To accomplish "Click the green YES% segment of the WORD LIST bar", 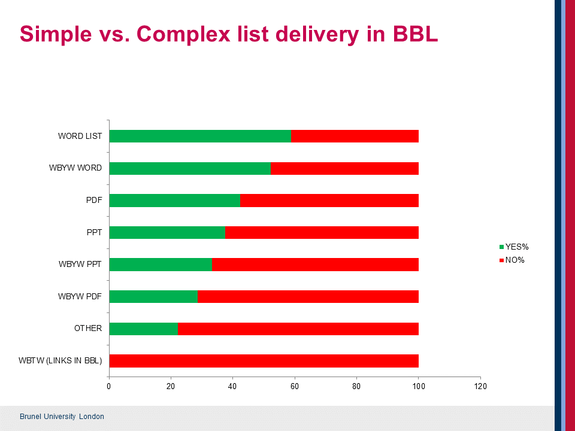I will click(x=200, y=136).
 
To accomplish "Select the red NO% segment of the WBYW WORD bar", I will click(x=344, y=168).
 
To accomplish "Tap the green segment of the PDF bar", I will click(x=175, y=200).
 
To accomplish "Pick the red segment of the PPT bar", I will click(x=322, y=232).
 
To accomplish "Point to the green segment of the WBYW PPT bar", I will click(x=161, y=264).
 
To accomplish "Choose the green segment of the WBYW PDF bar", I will click(x=153, y=296).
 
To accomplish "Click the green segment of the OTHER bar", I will click(x=144, y=329).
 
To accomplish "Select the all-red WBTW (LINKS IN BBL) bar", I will click(x=264, y=360).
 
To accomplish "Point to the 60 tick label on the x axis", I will click(x=295, y=386).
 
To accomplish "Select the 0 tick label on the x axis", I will click(x=109, y=386).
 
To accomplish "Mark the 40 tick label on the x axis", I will click(x=233, y=386).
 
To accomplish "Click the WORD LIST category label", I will click(x=80, y=136).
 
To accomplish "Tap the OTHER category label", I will click(x=88, y=329).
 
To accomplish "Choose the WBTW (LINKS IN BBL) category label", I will click(x=60, y=360).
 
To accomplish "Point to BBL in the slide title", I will click(x=415, y=34).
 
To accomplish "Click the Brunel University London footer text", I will click(x=62, y=417).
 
